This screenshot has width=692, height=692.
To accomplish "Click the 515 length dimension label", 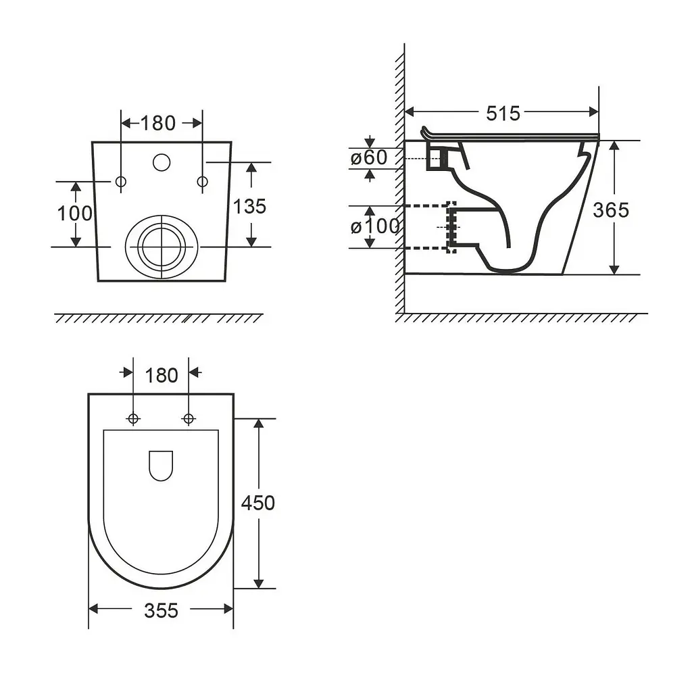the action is click(x=503, y=114).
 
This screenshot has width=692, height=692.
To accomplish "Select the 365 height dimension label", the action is click(x=611, y=210).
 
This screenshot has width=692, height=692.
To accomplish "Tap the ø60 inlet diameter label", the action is click(x=369, y=157).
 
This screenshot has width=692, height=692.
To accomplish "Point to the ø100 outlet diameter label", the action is click(x=374, y=226).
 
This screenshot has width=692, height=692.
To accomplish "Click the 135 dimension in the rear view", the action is click(x=249, y=207).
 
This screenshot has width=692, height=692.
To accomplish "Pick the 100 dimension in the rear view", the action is click(x=74, y=214).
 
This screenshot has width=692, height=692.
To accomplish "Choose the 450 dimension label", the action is click(x=257, y=503).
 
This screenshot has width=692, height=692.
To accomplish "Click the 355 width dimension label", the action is click(x=161, y=611).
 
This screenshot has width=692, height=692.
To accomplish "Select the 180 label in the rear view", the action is click(x=158, y=123).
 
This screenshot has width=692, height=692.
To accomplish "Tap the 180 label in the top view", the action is click(x=161, y=376).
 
